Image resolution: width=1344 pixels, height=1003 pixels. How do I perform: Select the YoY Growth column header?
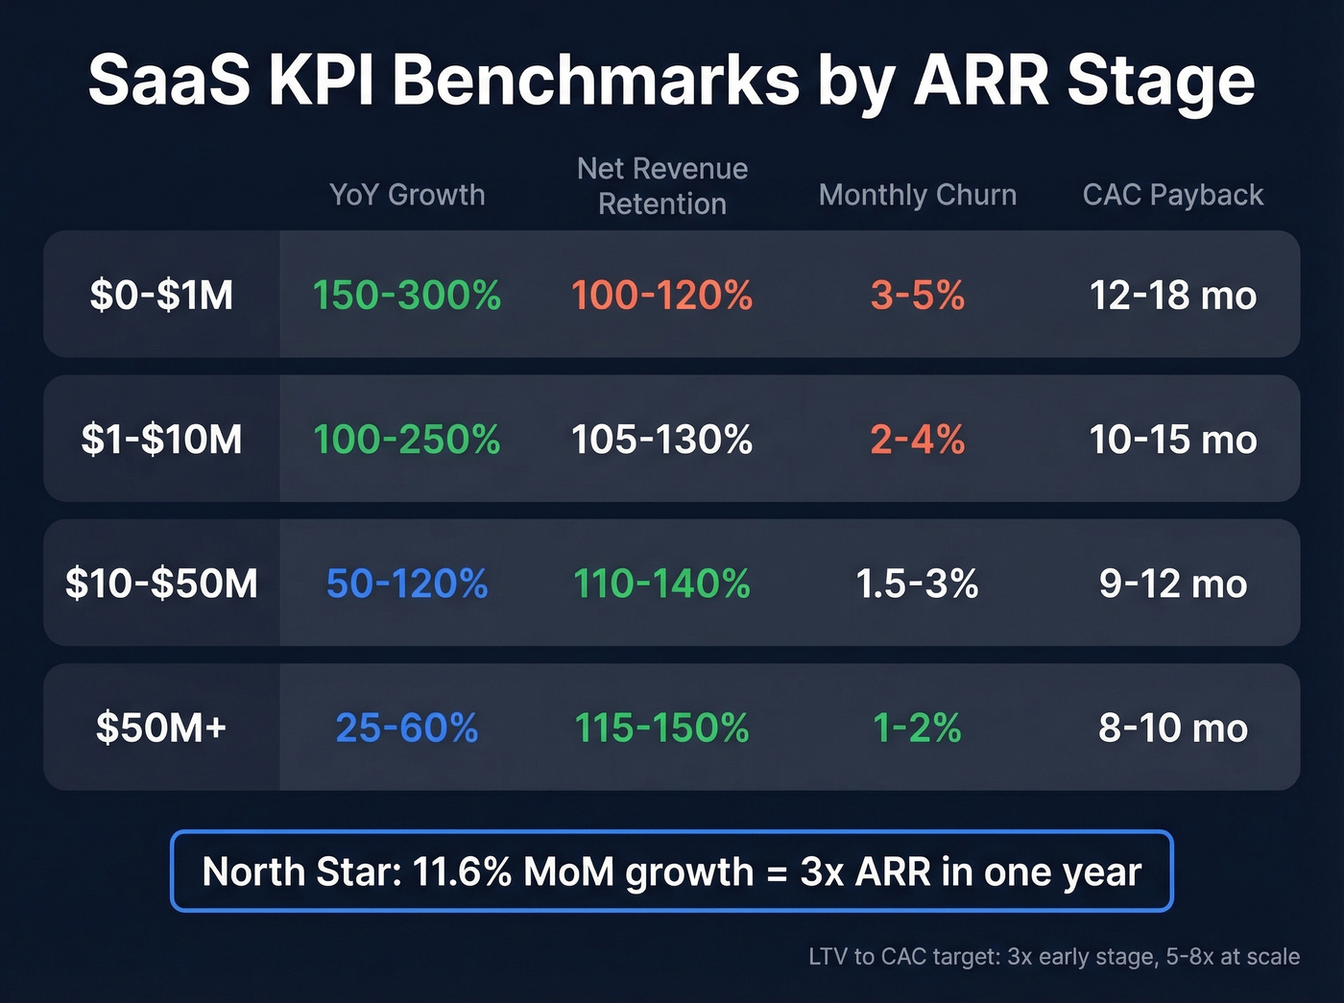407,195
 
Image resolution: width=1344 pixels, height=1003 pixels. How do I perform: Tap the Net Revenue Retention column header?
662,186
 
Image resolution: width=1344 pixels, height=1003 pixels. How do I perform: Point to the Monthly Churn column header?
917,195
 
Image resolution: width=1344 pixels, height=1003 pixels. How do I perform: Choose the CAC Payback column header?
1172,195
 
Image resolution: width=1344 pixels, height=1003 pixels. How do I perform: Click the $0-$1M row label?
161,295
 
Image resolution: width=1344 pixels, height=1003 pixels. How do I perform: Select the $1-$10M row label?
161,440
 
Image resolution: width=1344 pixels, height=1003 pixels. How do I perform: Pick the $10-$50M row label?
161,584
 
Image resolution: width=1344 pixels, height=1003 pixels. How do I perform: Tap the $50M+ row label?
161,728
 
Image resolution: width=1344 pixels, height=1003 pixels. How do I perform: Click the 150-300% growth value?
407,295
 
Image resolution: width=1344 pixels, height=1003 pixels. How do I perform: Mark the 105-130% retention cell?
662,440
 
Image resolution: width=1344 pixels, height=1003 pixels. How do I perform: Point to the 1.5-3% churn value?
917,584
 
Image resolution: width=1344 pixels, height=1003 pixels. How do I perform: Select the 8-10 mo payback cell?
1172,728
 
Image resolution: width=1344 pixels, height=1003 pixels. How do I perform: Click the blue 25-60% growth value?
407,728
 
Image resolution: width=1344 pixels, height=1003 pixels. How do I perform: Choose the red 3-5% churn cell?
917,295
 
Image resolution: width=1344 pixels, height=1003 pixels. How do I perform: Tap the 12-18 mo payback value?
1172,295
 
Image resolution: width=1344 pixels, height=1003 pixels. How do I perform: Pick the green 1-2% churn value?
917,728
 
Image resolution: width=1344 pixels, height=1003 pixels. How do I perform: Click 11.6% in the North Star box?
462,872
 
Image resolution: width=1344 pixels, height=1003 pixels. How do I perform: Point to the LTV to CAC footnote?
1053,957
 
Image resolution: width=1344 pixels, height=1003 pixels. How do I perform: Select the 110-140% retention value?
662,584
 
